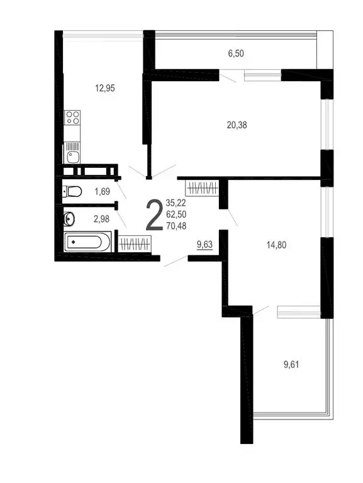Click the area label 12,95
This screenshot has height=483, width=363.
pyautogui.click(x=105, y=88)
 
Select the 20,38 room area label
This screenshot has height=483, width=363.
pyautogui.click(x=237, y=125)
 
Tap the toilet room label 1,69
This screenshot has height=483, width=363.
pyautogui.click(x=103, y=192)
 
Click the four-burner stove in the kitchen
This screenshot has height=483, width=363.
pyautogui.click(x=73, y=118)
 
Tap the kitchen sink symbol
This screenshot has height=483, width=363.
pyautogui.click(x=73, y=150)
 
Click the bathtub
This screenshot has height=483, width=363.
pyautogui.click(x=88, y=241)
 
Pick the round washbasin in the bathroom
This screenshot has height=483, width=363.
pyautogui.click(x=69, y=219)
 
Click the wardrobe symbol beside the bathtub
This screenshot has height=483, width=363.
pyautogui.click(x=134, y=243)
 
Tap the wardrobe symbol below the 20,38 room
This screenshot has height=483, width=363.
pyautogui.click(x=202, y=187)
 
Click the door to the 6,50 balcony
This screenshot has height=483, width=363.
pyautogui.click(x=230, y=77)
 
